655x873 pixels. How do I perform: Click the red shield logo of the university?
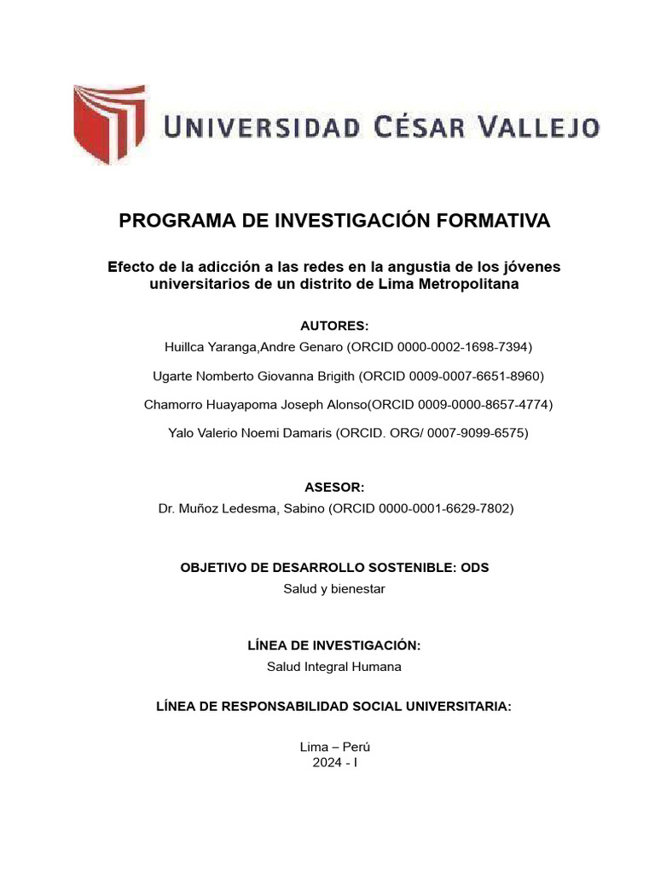pyautogui.click(x=108, y=126)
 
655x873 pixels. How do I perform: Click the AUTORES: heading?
pyautogui.click(x=334, y=326)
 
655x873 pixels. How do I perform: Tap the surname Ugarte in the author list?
pyautogui.click(x=172, y=376)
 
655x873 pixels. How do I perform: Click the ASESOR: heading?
pyautogui.click(x=334, y=487)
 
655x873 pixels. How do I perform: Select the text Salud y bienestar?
pyautogui.click(x=334, y=588)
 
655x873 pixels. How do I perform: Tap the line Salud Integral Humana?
pyautogui.click(x=334, y=667)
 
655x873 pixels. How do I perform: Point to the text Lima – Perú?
pyautogui.click(x=334, y=747)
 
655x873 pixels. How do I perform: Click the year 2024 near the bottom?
pyautogui.click(x=327, y=762)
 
